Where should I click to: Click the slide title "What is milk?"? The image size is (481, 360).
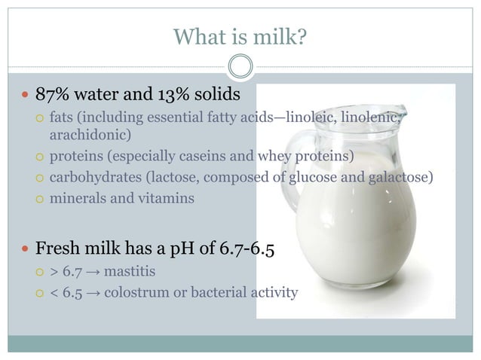point(240,36)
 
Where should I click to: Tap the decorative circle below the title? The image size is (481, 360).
point(240,67)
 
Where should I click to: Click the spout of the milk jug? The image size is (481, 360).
point(407,113)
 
